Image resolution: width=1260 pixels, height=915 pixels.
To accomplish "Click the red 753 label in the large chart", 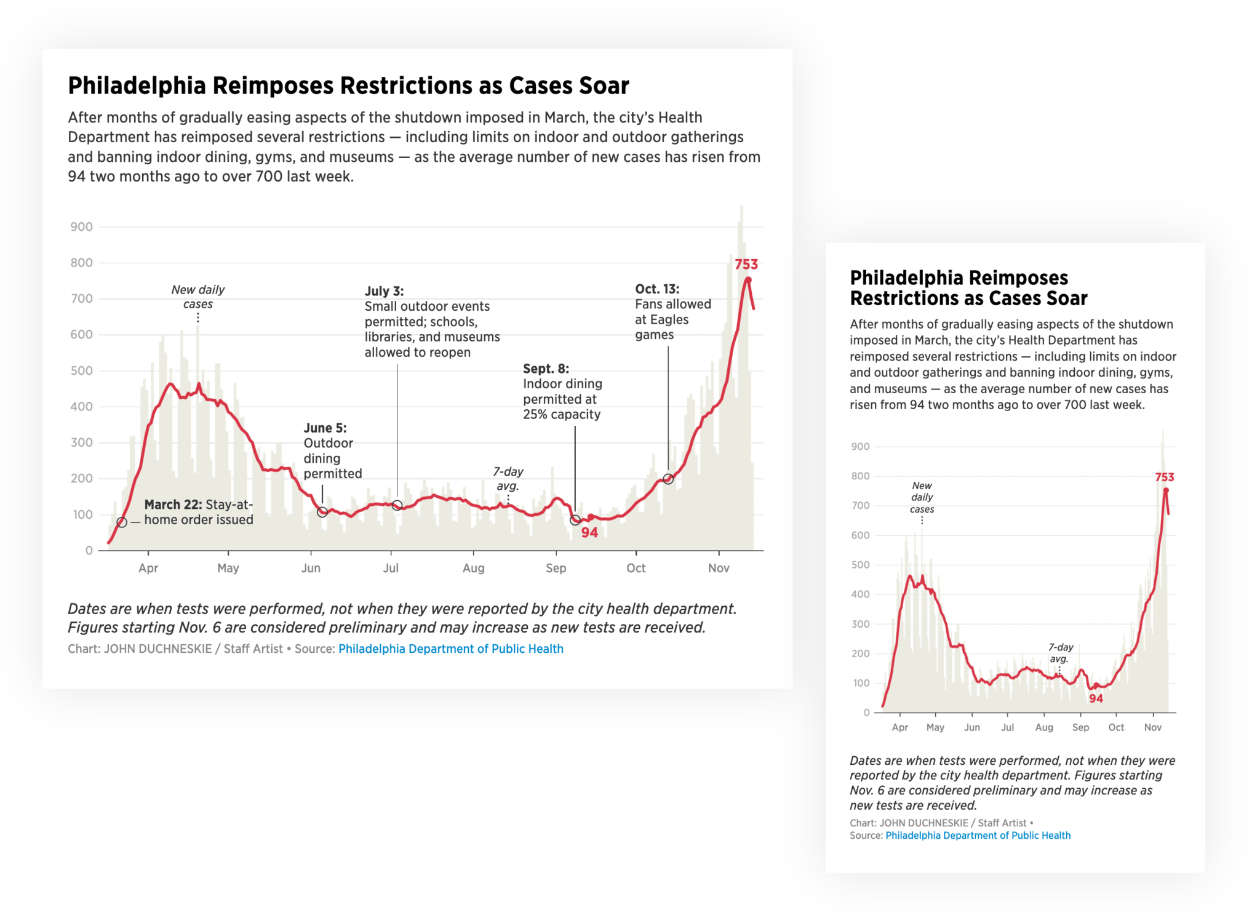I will point(746,265).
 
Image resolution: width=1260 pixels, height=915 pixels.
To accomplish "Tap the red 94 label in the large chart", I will point(589,533).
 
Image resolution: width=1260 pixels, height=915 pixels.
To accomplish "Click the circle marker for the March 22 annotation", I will point(122,522).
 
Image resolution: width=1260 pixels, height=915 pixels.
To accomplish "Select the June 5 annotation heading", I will point(325,428).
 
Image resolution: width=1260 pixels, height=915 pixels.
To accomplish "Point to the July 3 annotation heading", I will point(384,291).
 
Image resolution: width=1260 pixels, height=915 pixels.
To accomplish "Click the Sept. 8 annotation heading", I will point(546,369).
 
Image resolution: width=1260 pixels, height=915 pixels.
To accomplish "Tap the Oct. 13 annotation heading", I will point(657,289).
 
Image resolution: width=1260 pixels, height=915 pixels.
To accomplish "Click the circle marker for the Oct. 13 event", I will point(668,479).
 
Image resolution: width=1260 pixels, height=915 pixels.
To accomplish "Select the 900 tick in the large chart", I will point(81,227).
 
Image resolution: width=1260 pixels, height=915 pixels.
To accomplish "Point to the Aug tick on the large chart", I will point(473,568).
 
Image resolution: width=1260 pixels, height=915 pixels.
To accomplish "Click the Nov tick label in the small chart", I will point(1152,727).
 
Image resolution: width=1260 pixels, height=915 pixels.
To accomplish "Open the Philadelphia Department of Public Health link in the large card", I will point(450,649).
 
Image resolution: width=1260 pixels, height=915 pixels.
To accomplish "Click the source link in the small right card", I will point(978,836).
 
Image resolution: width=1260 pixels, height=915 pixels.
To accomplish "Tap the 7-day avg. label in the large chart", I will point(508,479).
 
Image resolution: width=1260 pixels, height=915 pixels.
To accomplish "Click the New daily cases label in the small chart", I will point(922,497).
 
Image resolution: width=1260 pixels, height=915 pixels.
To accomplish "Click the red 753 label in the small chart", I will point(1164,477).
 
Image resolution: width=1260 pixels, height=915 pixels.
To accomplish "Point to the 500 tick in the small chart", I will point(860,565).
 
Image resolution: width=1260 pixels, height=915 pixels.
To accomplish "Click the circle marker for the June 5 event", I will point(322,512).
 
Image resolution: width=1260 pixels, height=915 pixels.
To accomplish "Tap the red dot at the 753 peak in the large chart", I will point(748,280).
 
